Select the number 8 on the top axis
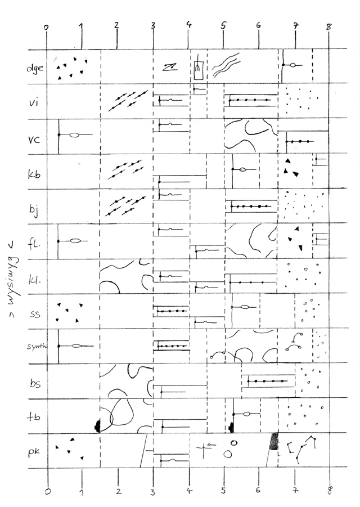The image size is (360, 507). (329, 25)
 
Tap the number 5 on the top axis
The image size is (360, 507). (223, 25)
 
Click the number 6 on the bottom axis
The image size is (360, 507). (258, 491)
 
